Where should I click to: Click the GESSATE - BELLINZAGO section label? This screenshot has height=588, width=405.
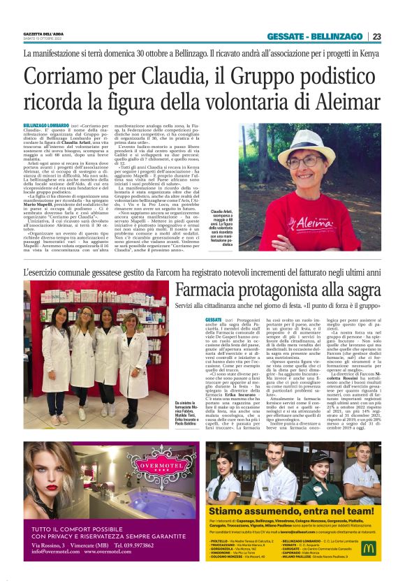pos(314,36)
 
